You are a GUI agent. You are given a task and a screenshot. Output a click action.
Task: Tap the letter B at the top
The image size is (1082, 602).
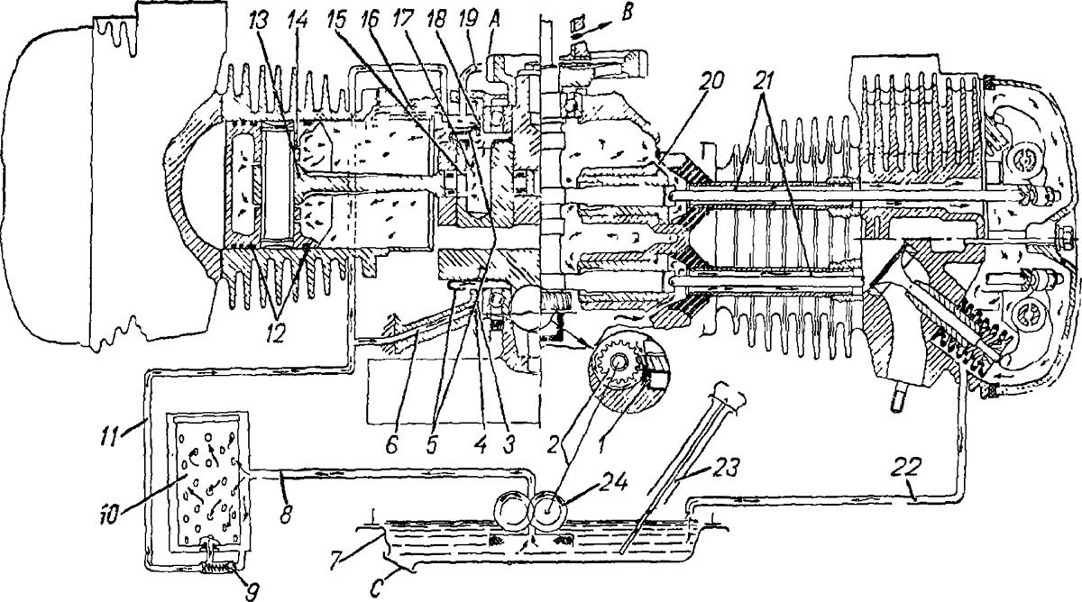pos(626,13)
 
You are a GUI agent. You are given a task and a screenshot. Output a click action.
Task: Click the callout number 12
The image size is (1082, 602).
pos(275,333)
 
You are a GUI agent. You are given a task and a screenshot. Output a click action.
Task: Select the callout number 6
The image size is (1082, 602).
pos(391,444)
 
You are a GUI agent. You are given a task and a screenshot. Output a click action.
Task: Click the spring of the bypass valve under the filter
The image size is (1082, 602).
pos(217,569)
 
